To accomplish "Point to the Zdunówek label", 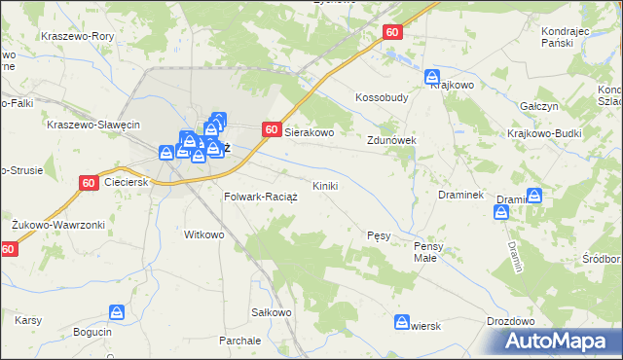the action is pos(391,140).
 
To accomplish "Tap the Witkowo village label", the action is pos(204,234).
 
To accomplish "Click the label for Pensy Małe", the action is pos(428,252).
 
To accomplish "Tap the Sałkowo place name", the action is pos(272,312).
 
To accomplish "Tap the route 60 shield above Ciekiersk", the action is pos(89,182).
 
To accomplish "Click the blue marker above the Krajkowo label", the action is pos(431,75).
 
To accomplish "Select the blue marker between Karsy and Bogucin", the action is pos(116,312).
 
